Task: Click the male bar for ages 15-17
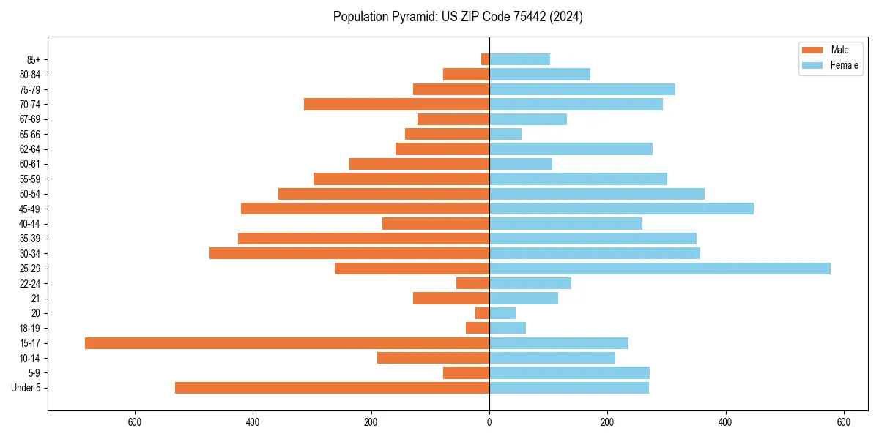coord(287,343)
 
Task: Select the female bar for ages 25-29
coord(660,269)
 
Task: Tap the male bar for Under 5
coord(332,388)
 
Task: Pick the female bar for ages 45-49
coord(621,209)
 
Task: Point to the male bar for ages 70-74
coord(396,105)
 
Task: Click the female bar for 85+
coord(519,59)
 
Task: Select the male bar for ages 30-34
coord(349,253)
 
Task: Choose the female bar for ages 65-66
coord(505,134)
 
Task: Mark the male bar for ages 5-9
coord(466,373)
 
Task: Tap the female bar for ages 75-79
coord(582,89)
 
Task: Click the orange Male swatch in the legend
coord(812,50)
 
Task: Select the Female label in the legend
coord(844,65)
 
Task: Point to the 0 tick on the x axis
coord(489,422)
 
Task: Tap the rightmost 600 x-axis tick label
coord(844,422)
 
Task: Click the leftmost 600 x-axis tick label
coord(134,422)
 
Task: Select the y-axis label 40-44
coord(29,224)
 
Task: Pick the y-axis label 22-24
coord(29,284)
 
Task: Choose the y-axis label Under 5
coord(26,388)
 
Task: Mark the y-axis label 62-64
coord(29,149)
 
